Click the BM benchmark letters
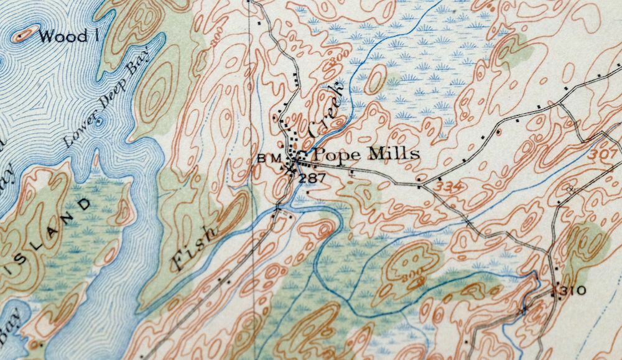pyautogui.click(x=266, y=158)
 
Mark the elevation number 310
pyautogui.click(x=573, y=291)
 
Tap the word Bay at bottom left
pyautogui.click(x=12, y=323)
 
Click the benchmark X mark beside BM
pyautogui.click(x=290, y=167)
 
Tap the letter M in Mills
pyautogui.click(x=376, y=154)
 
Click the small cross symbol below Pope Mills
pyautogui.click(x=353, y=175)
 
